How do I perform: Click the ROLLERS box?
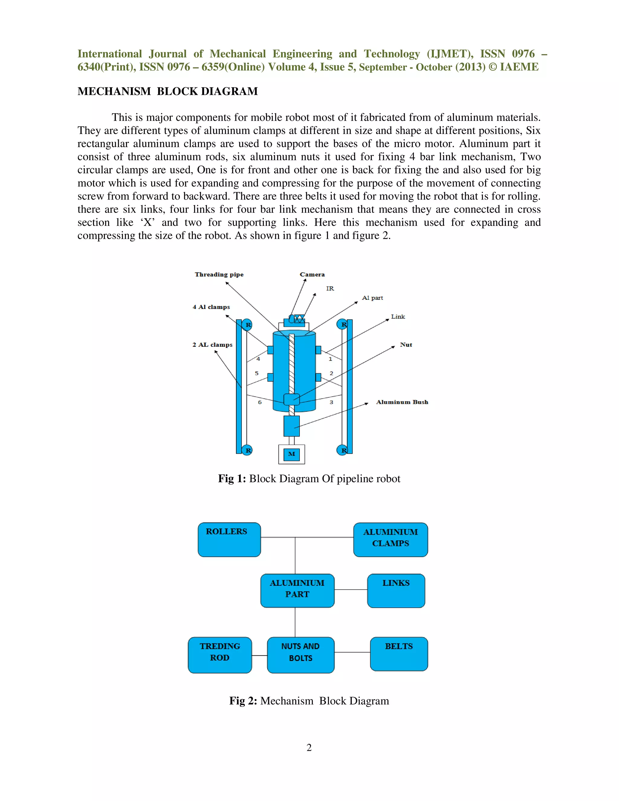[x=229, y=540]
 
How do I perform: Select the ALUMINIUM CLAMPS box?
[x=391, y=540]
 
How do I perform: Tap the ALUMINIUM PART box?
[x=297, y=591]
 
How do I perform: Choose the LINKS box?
[x=396, y=591]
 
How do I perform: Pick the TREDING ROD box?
[x=220, y=655]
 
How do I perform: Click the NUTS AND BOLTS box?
[x=301, y=655]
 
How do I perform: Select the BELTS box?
[x=399, y=653]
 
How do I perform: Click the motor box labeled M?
[x=292, y=454]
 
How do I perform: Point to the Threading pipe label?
[x=219, y=274]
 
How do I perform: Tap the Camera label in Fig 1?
[x=312, y=274]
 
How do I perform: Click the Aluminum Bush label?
[x=402, y=402]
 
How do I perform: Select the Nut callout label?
[x=406, y=345]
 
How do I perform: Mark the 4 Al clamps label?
[x=211, y=307]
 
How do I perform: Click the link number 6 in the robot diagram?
[x=260, y=402]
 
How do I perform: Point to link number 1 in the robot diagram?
[x=330, y=359]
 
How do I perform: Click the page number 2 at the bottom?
[x=309, y=747]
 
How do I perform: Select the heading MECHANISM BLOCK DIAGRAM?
[x=167, y=91]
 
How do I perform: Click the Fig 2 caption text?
[x=309, y=701]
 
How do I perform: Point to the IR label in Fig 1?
[x=330, y=289]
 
